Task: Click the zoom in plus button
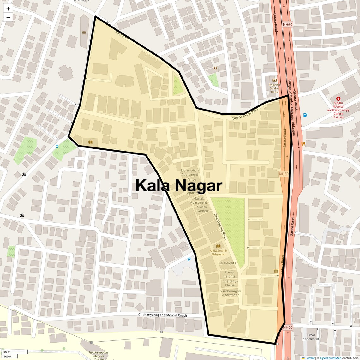point(8,9)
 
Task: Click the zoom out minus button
point(8,18)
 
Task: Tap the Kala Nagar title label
point(179,185)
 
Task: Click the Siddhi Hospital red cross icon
point(338,99)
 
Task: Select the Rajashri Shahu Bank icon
point(274,81)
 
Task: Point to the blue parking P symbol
point(189,260)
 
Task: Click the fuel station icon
point(305,115)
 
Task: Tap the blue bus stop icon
point(57,147)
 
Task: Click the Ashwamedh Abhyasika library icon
point(218,246)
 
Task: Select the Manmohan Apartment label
point(190,172)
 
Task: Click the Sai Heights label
point(227,263)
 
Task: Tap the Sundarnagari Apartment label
point(230,293)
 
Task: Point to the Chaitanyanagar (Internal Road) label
point(162,315)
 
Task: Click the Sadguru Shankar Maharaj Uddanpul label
point(291,107)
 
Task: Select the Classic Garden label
point(202,209)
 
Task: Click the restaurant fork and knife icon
point(303,144)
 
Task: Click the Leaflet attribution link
point(310,358)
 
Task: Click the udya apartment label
point(311,337)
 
